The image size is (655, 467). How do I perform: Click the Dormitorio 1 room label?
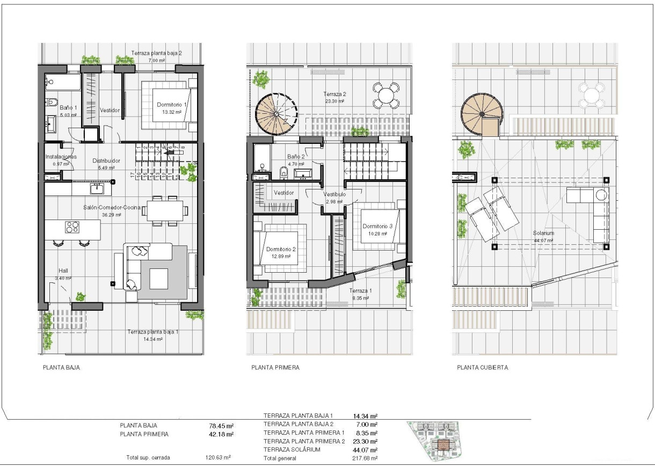click(x=172, y=105)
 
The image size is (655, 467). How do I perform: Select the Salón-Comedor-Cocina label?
click(x=112, y=207)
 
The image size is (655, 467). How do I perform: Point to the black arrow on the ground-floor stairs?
click(x=172, y=152)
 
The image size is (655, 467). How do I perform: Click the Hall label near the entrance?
click(x=64, y=271)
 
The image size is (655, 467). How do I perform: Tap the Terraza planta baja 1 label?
click(x=152, y=332)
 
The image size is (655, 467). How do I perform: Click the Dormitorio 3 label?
click(x=377, y=227)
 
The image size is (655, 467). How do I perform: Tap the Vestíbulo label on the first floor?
click(x=334, y=194)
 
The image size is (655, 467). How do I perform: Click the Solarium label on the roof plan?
click(x=543, y=233)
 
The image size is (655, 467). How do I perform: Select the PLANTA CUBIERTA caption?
click(x=482, y=368)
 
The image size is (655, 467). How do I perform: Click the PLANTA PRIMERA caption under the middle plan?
click(x=275, y=368)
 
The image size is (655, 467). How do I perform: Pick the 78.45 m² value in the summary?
click(x=221, y=425)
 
